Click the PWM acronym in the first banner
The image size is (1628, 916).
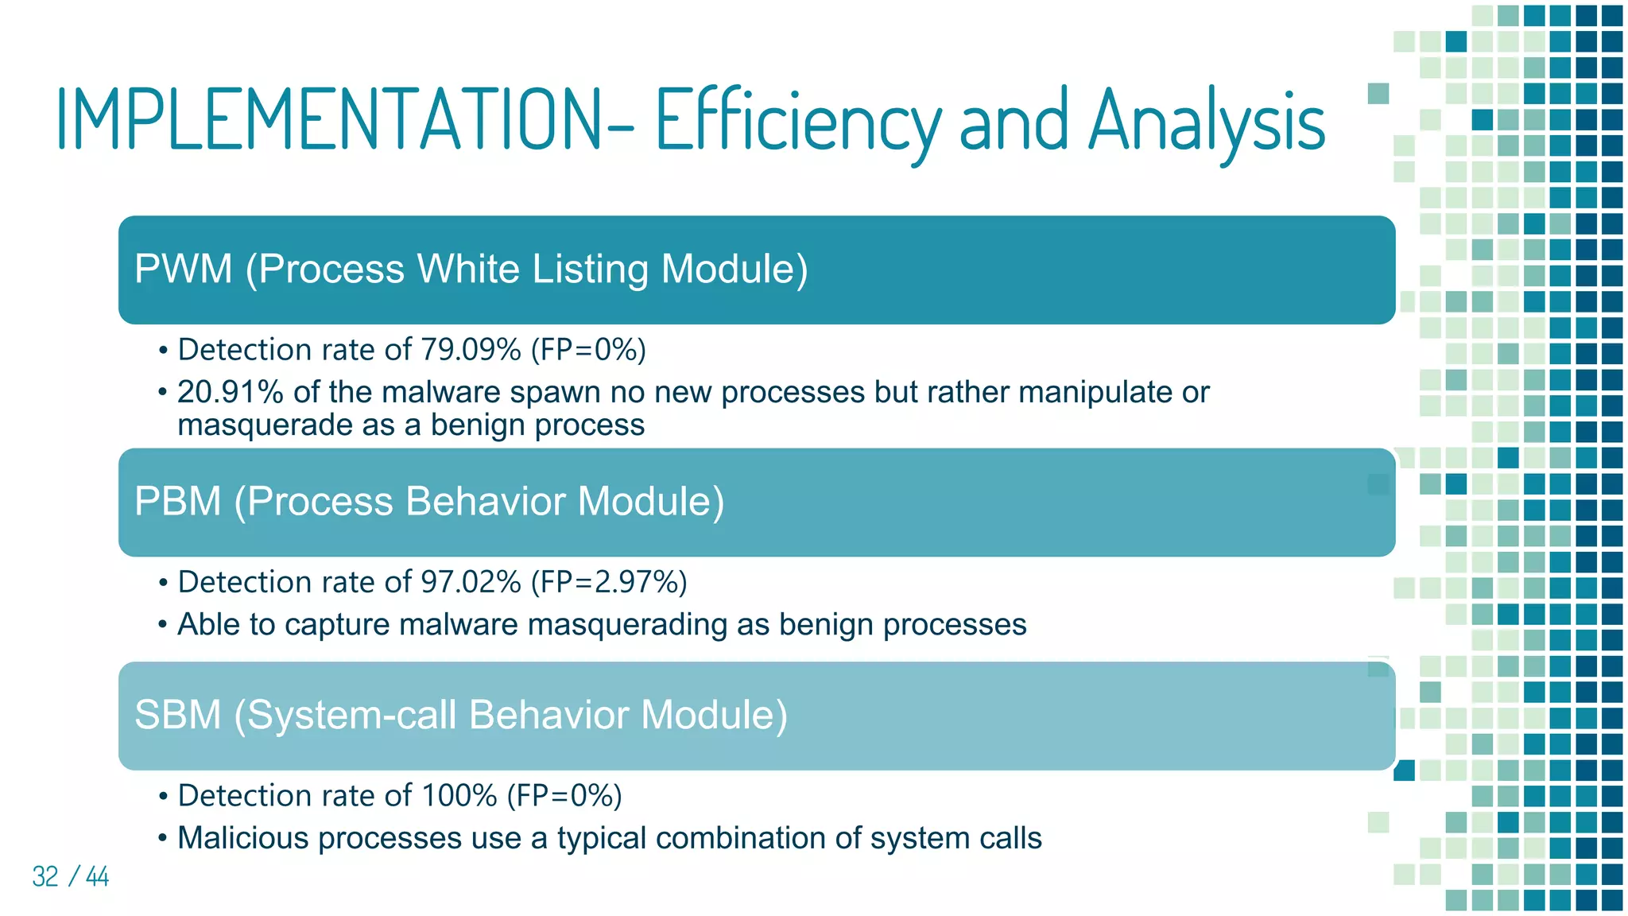click(x=183, y=269)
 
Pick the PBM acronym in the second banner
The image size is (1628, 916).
click(x=177, y=501)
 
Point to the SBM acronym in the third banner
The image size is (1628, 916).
click(x=177, y=714)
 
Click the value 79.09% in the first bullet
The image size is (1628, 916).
click(x=471, y=350)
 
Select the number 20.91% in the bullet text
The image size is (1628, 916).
click(x=230, y=392)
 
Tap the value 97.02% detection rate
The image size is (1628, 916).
click(x=471, y=582)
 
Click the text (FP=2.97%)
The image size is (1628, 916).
click(x=609, y=582)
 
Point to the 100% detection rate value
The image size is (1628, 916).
click(x=459, y=795)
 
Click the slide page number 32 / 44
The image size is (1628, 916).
click(x=70, y=876)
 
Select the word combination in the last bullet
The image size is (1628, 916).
click(x=751, y=838)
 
